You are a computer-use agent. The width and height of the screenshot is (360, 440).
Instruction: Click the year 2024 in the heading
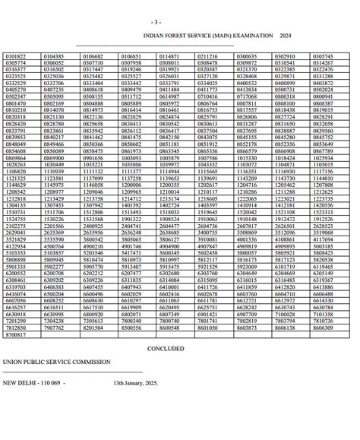[x=285, y=36]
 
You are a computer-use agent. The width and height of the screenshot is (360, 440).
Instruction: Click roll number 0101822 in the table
[x=15, y=56]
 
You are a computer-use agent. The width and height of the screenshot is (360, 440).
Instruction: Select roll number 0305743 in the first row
[x=323, y=56]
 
